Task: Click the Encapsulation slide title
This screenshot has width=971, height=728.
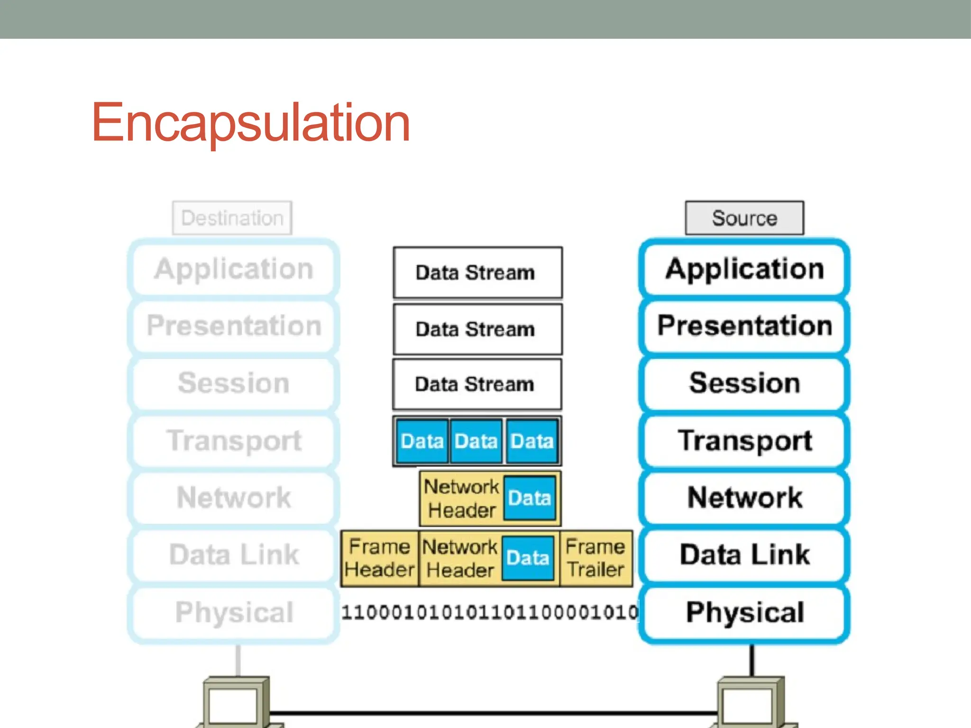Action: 250,123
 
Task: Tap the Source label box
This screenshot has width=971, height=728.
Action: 744,218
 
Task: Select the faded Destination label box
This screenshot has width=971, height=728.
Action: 232,218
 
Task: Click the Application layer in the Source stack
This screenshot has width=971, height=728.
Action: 744,269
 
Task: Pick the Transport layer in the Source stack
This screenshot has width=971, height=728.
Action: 744,440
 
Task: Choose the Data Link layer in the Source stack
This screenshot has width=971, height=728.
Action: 744,555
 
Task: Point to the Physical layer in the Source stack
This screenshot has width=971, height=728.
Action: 744,612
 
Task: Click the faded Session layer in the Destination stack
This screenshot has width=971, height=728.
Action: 234,383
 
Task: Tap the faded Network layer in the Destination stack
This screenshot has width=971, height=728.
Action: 234,498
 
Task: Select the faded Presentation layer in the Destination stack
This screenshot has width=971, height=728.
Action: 234,326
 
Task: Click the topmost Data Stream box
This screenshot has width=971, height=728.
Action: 477,273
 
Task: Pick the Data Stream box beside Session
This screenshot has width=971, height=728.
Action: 476,384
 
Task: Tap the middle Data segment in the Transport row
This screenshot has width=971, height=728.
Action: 476,441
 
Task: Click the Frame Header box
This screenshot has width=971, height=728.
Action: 379,558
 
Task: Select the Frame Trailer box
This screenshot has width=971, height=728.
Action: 595,558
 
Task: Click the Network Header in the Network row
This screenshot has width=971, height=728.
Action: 461,499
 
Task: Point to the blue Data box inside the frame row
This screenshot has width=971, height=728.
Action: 528,558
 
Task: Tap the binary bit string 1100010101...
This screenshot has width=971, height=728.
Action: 489,612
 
